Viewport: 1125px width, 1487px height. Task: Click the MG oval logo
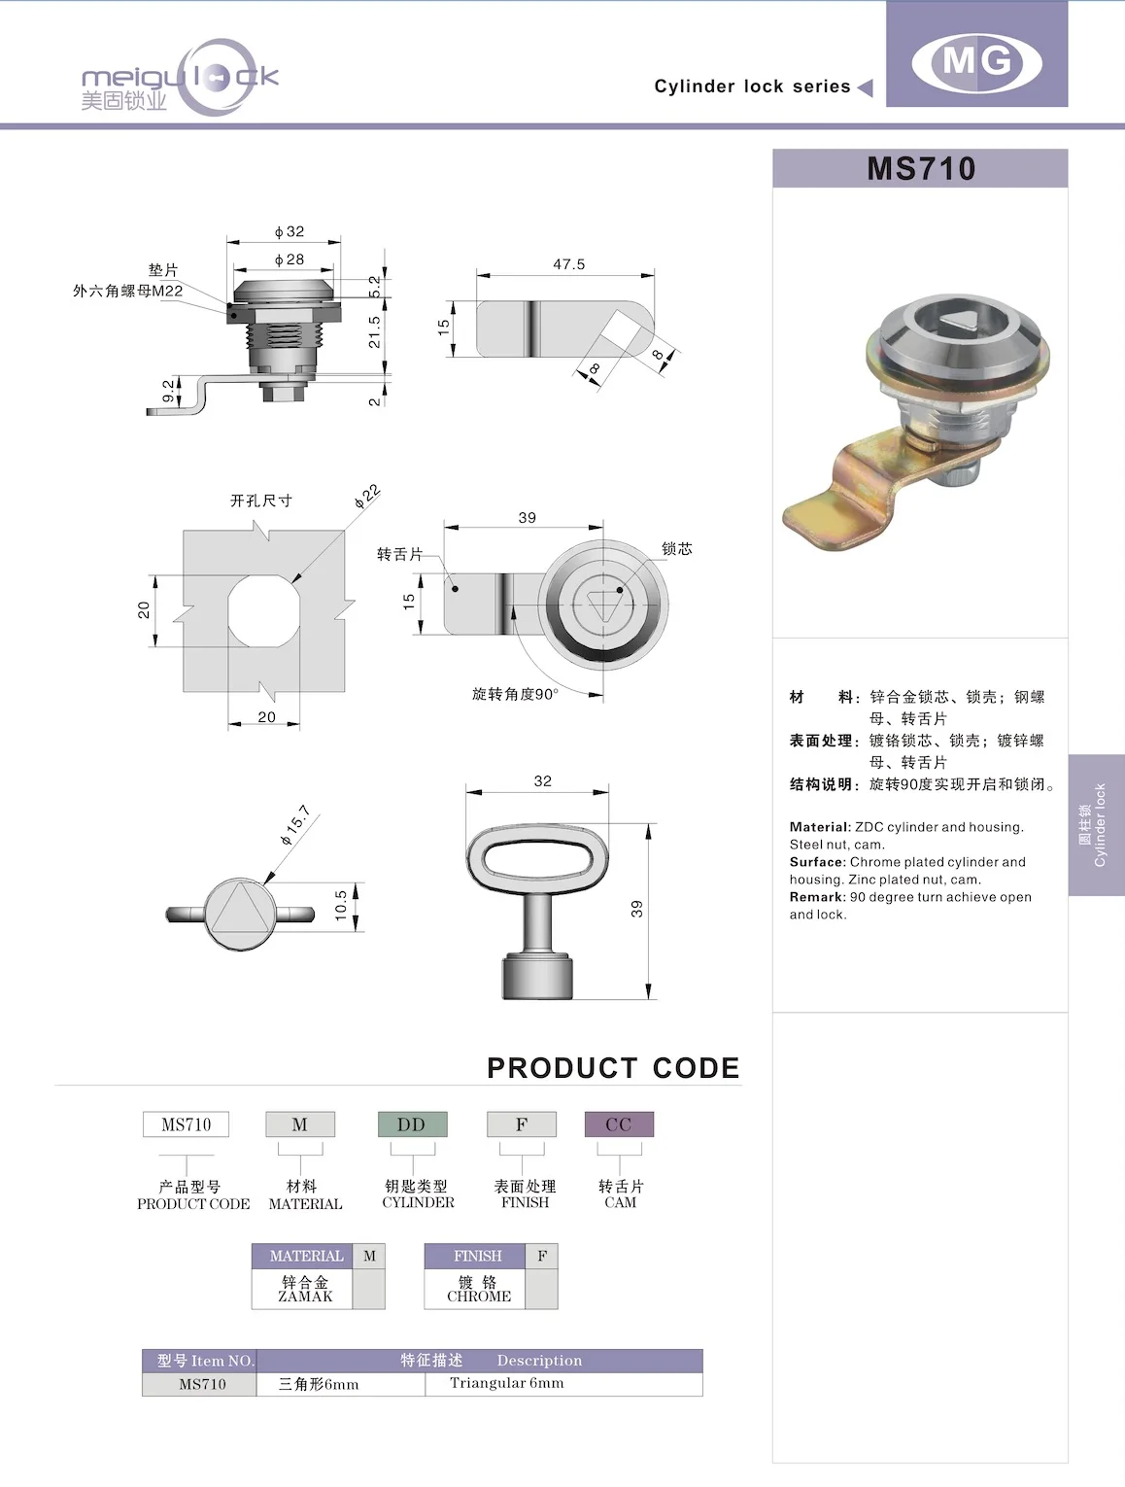(x=976, y=62)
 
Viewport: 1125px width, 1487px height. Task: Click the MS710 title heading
(x=920, y=168)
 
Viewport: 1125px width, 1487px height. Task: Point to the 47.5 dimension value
(x=568, y=264)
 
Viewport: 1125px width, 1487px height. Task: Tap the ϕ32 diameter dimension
(x=289, y=231)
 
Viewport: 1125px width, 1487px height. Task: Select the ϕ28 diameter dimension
(x=289, y=259)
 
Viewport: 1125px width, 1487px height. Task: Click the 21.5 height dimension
(x=375, y=332)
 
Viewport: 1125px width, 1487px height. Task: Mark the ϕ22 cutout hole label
(x=367, y=497)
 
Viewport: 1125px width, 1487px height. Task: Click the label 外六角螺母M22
(x=127, y=291)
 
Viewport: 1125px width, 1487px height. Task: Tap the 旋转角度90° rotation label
(x=515, y=694)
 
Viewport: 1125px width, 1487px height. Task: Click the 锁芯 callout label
(x=676, y=549)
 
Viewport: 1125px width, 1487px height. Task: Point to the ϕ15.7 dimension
(x=295, y=824)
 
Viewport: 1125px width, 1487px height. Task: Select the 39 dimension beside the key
(x=637, y=909)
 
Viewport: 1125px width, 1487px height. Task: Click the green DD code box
(x=412, y=1124)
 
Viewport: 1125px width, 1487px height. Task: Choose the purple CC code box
(x=618, y=1124)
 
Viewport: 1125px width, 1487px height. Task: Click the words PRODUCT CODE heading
(x=612, y=1068)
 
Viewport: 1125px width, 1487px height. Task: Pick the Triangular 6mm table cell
(x=506, y=1383)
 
